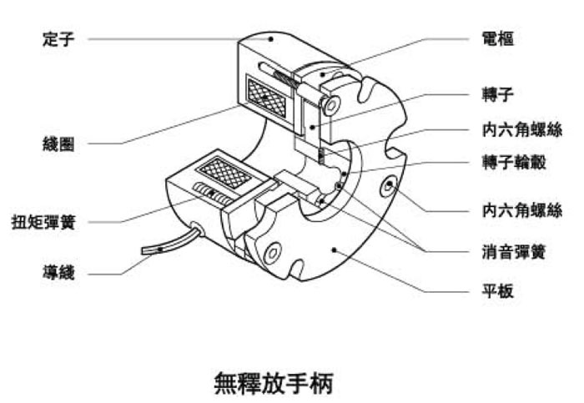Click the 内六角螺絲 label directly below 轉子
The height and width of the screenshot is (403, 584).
click(522, 129)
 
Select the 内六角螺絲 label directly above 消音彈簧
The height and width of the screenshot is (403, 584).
click(522, 209)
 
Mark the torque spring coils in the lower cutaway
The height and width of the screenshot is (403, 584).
click(210, 194)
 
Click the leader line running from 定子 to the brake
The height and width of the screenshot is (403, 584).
click(167, 38)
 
